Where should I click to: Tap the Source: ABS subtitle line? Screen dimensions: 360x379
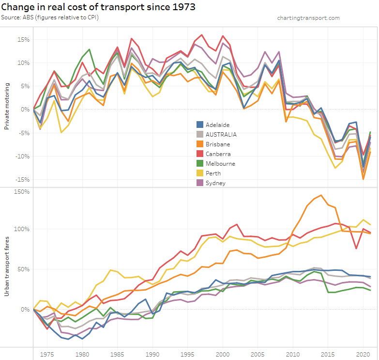53,18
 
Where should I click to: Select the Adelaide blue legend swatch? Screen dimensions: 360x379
199,125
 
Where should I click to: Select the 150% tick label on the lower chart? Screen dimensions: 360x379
22,192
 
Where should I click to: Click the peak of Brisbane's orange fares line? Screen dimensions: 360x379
321,195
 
